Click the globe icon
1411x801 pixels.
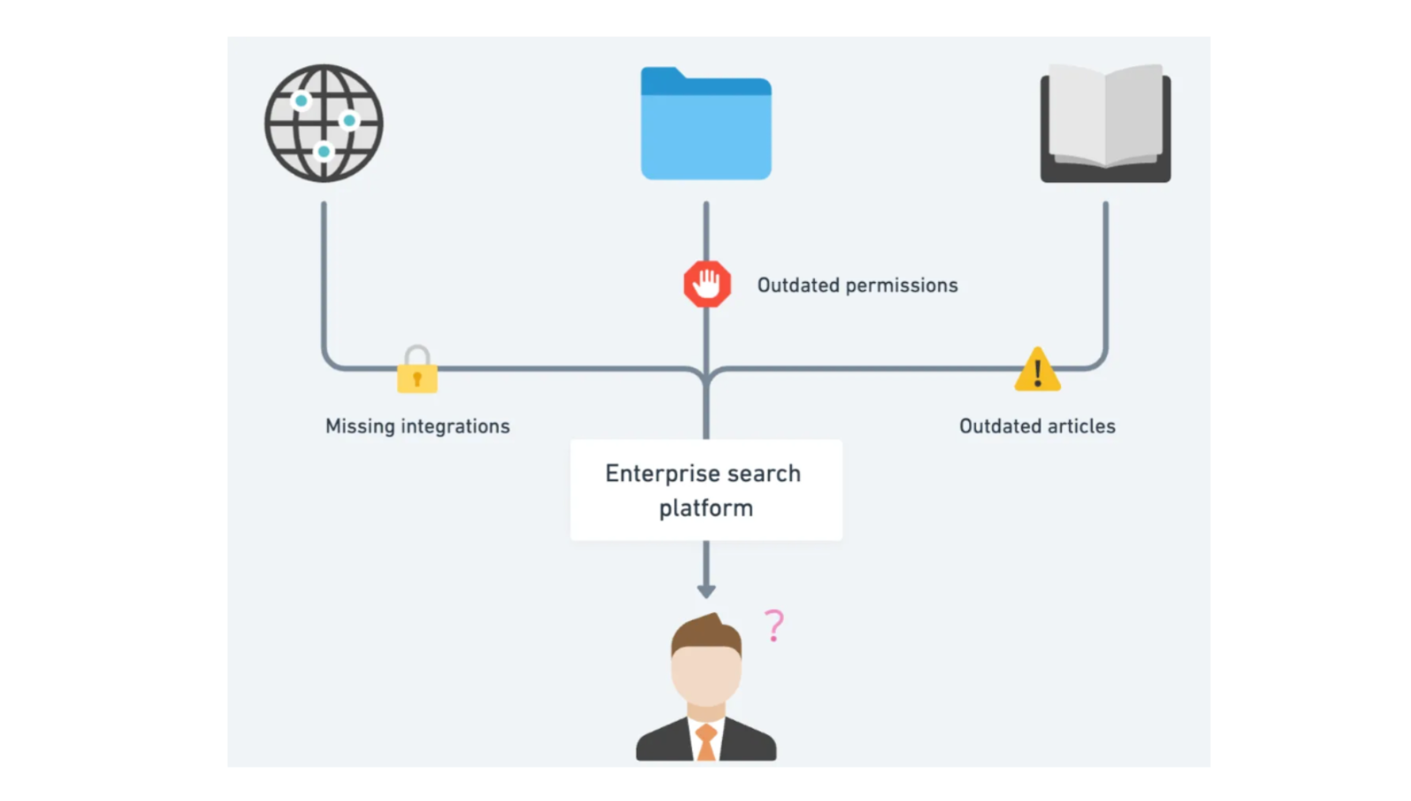324,123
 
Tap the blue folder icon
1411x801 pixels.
705,128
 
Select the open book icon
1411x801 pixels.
1105,123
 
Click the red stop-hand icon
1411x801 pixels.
707,284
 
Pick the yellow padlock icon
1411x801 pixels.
417,370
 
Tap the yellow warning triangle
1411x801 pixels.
1037,370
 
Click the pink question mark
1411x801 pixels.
773,626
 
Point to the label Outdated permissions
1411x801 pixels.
857,286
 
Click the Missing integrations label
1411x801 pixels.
417,426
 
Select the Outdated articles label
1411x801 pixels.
1037,426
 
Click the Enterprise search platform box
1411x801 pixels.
705,490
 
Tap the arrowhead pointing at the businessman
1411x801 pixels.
706,590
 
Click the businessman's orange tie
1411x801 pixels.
705,742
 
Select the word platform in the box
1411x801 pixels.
705,508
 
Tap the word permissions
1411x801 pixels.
901,286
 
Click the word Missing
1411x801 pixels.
360,426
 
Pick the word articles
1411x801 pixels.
1075,426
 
